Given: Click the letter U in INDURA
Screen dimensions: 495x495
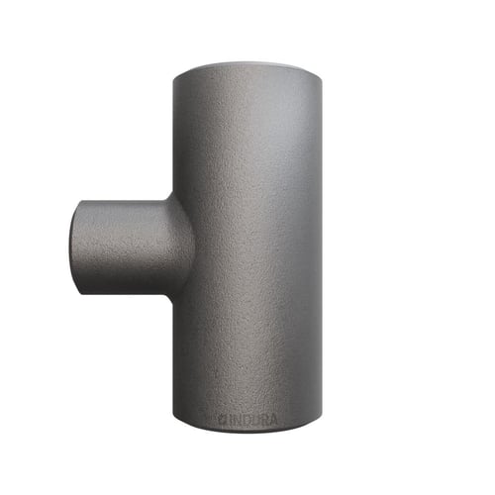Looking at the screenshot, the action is pos(255,420).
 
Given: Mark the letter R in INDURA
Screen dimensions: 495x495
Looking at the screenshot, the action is pos(264,420).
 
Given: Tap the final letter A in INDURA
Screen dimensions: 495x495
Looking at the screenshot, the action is pos(273,420).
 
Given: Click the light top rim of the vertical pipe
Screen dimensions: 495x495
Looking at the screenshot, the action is pos(247,67).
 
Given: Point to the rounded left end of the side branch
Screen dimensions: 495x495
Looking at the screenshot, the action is pos(74,247).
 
